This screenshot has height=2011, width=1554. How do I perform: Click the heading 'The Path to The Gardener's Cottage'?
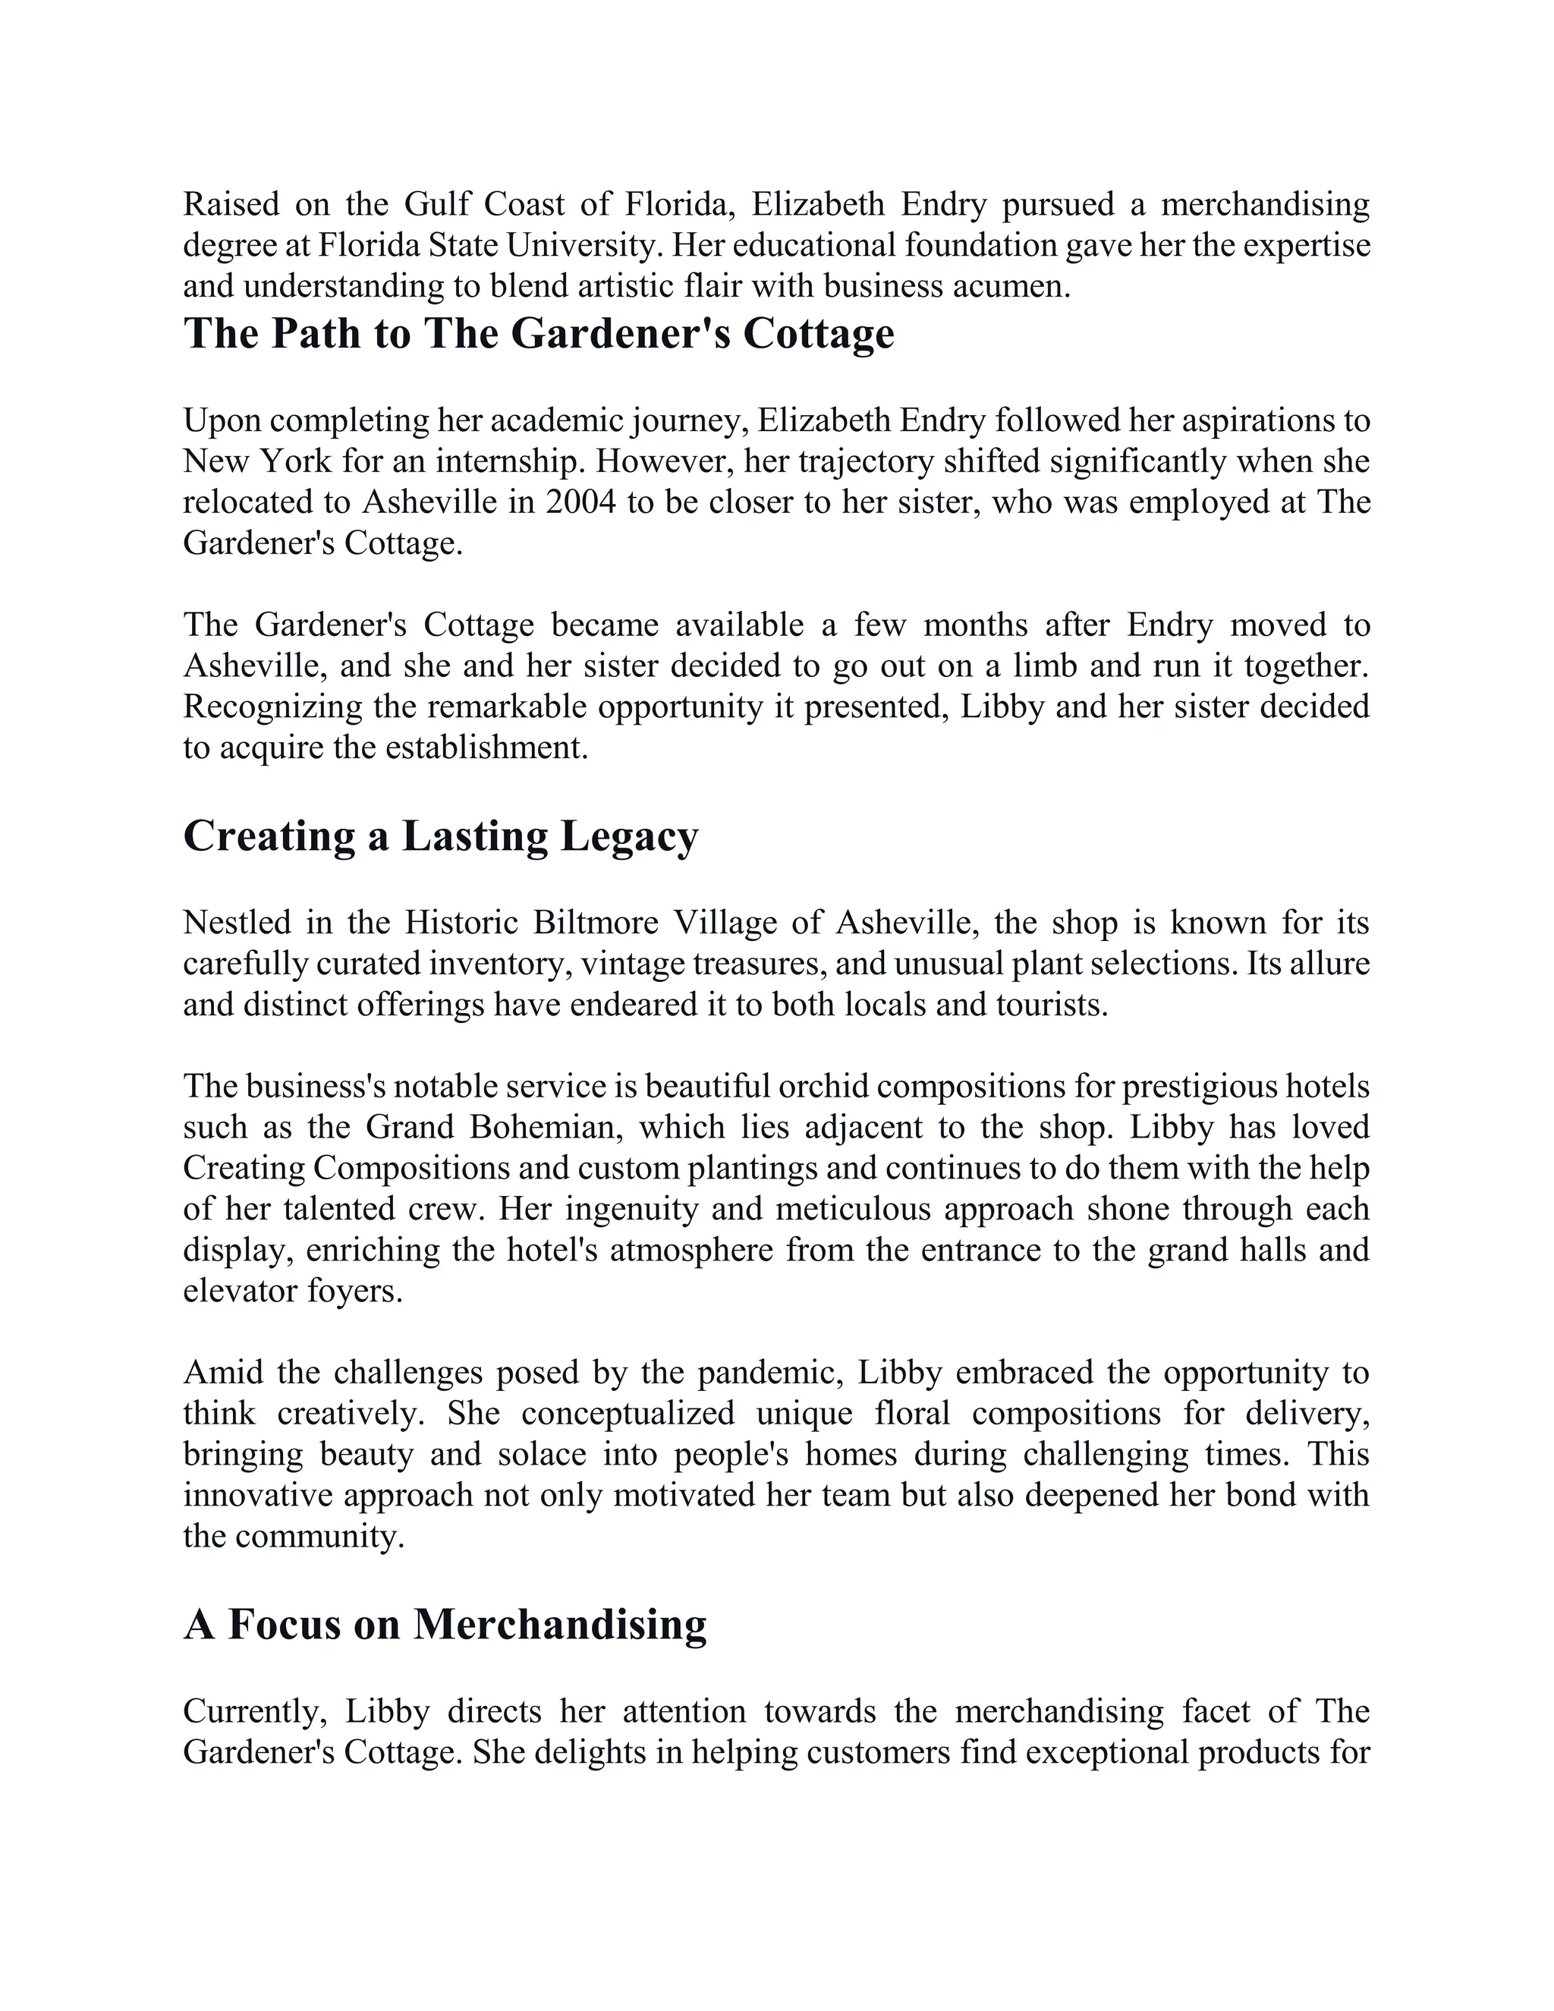(539, 333)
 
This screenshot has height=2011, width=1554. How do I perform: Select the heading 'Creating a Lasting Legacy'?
(441, 836)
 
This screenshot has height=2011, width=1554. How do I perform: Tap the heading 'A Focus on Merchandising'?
(445, 1624)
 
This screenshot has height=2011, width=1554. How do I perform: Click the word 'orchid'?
(822, 1087)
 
